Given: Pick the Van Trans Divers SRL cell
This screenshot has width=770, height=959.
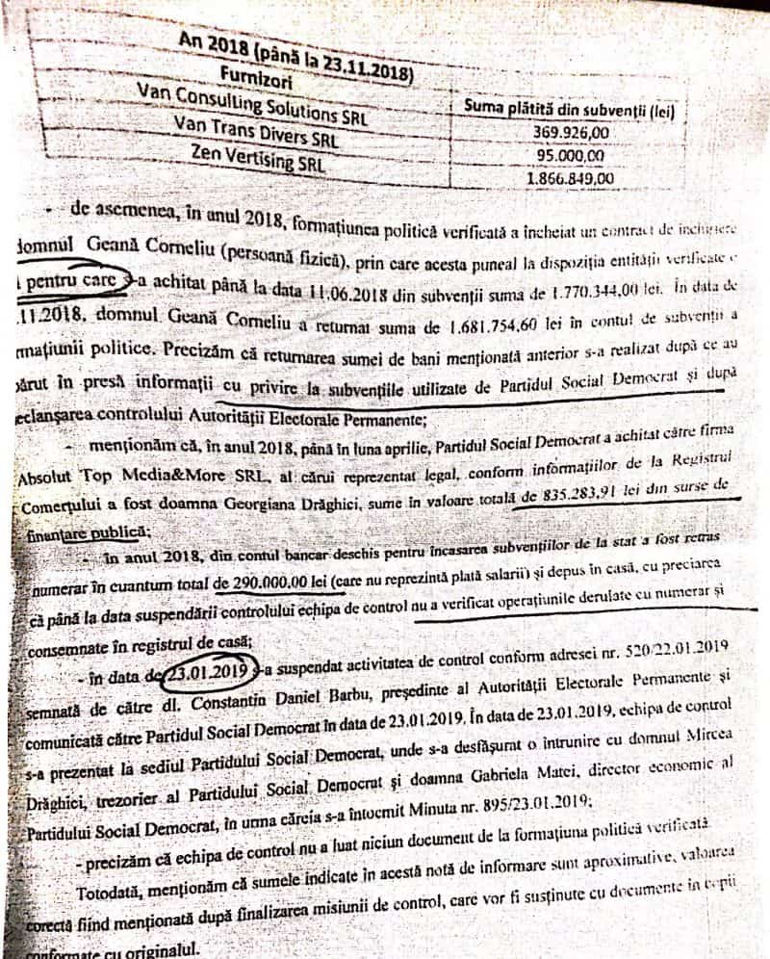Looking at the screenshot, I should [x=245, y=134].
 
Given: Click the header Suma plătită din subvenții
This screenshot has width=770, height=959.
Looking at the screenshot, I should [x=568, y=109].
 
